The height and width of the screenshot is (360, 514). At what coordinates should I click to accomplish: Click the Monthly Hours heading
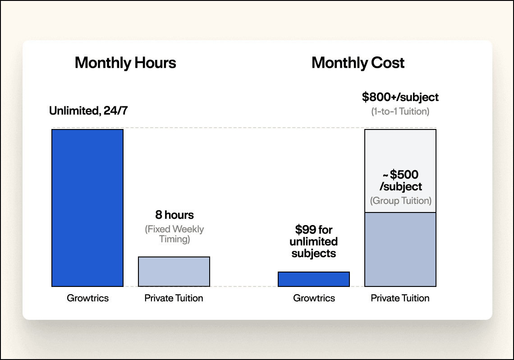(x=125, y=63)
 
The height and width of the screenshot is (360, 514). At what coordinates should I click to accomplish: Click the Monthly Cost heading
(x=358, y=63)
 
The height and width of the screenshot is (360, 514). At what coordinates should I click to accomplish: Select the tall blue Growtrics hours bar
(x=87, y=208)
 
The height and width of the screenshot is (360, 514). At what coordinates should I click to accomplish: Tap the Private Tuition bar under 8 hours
(x=174, y=271)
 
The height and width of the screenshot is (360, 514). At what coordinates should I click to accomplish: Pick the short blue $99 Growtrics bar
(x=314, y=279)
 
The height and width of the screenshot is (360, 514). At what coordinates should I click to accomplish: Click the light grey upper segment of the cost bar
(x=400, y=149)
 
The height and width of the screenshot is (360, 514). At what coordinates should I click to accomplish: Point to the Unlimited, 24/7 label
(x=88, y=111)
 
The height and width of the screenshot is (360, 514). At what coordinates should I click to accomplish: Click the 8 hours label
(x=174, y=215)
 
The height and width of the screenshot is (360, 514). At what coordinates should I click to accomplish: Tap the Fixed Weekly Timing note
(x=174, y=234)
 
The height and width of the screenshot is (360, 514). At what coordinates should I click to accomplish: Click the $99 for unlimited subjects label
(x=314, y=242)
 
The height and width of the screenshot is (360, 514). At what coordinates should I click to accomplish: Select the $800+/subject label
(x=400, y=97)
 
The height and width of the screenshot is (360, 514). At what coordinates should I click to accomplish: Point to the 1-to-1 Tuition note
(x=400, y=111)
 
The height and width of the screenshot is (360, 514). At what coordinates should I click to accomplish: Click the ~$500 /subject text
(x=401, y=180)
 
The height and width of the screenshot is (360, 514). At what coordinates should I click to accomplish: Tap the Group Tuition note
(x=401, y=201)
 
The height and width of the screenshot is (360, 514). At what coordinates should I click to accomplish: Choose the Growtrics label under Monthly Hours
(x=88, y=298)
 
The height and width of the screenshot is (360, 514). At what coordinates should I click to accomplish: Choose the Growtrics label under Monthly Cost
(x=314, y=298)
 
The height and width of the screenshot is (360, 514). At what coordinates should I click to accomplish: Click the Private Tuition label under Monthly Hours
(x=174, y=298)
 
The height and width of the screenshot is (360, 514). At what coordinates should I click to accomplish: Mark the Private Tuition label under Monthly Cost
(x=400, y=298)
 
